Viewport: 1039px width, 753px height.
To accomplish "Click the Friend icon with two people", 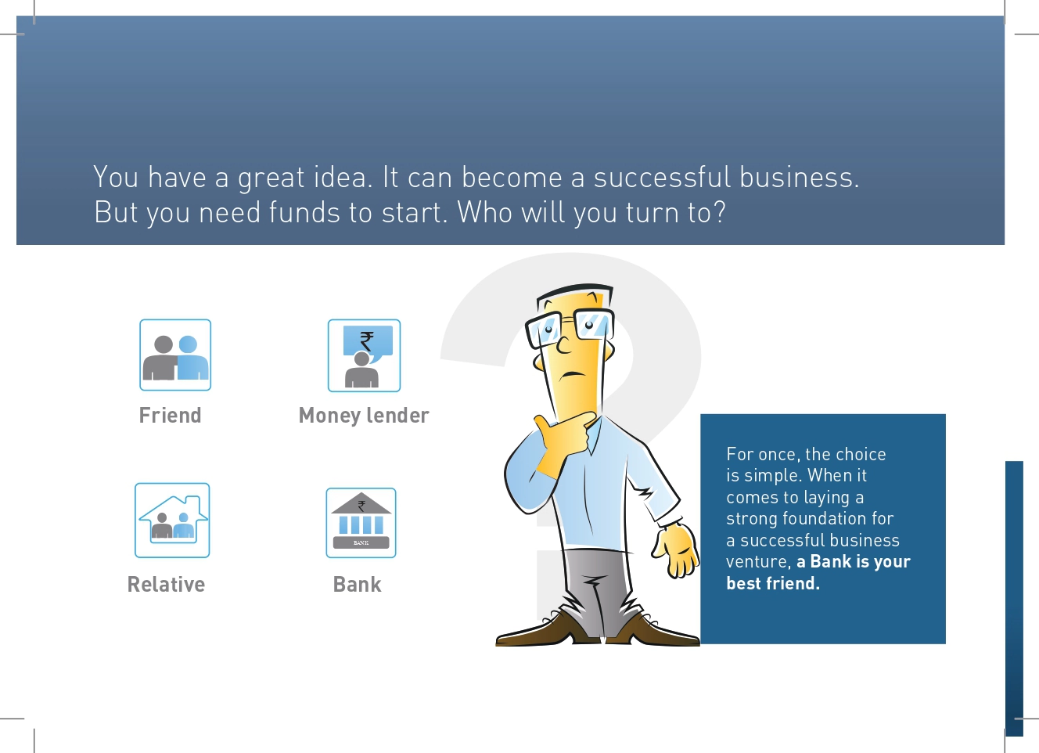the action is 175,355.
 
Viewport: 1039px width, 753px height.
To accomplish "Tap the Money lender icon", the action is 364,355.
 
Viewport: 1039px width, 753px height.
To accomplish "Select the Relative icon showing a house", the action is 172,520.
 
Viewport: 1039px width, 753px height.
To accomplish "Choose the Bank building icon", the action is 361,522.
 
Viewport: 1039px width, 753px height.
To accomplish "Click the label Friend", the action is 171,415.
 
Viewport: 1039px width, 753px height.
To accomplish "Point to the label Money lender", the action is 364,416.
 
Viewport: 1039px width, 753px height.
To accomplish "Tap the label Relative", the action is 166,584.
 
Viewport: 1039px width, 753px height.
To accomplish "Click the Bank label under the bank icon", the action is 357,584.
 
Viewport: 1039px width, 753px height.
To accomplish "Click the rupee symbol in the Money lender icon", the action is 366,341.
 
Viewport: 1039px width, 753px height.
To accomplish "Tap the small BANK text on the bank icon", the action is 361,542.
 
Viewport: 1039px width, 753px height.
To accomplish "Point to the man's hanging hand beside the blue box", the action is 676,552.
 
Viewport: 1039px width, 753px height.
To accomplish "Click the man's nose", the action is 563,344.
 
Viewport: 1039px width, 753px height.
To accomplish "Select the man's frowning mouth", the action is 573,375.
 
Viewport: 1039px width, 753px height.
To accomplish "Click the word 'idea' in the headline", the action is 343,177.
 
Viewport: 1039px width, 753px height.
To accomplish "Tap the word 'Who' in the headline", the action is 485,212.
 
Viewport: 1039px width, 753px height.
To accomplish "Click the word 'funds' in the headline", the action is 304,212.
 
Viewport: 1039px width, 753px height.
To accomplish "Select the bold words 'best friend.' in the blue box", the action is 773,583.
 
